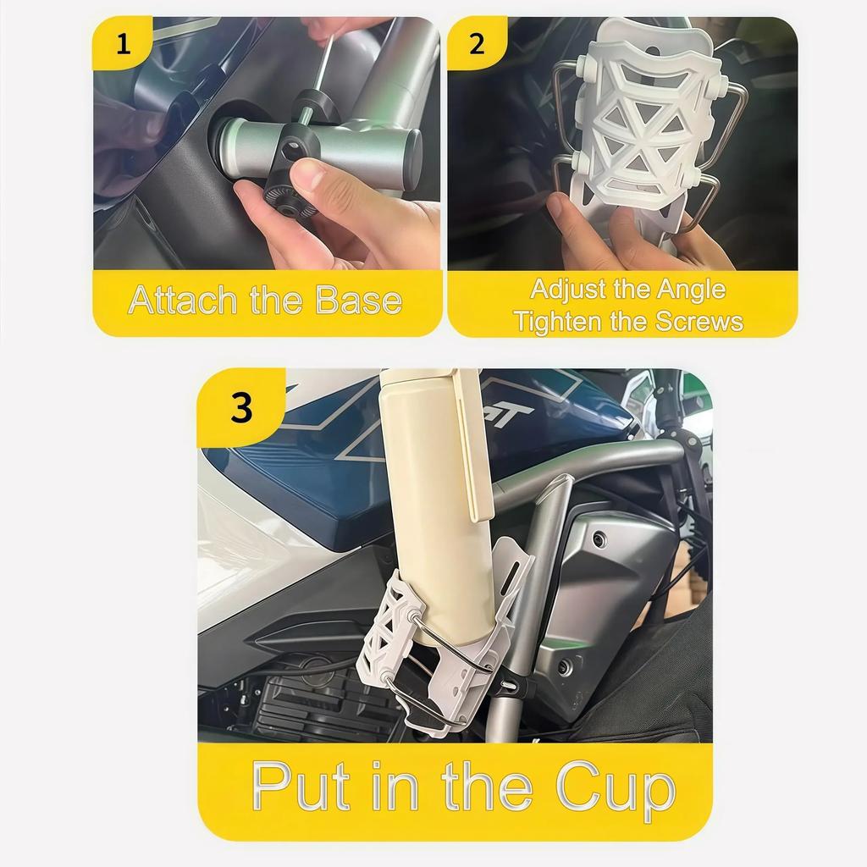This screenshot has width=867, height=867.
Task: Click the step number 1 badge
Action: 124,43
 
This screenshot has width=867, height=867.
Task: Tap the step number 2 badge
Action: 477,43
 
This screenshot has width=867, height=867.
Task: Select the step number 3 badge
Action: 241,408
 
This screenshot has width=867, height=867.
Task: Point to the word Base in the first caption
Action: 358,301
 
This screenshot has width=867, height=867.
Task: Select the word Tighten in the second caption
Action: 555,322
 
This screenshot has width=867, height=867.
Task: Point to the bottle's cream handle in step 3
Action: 474,449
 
